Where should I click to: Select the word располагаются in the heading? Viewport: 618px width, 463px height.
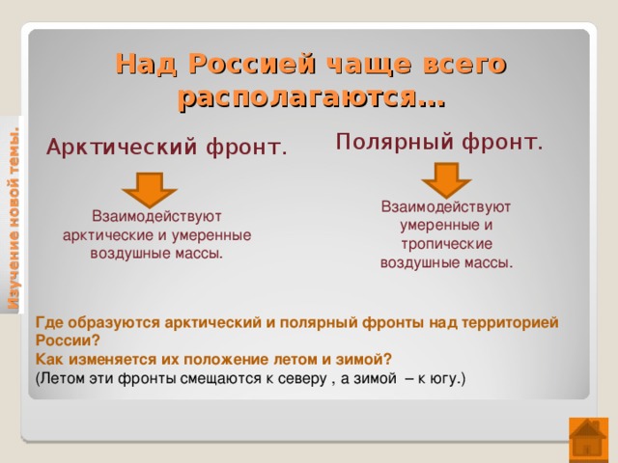(296, 96)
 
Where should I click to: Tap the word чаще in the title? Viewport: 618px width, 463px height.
(370, 65)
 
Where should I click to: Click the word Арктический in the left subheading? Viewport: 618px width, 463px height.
(122, 148)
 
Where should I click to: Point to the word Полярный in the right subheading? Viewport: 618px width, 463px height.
(395, 142)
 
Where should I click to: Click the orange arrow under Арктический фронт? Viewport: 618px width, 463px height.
(150, 189)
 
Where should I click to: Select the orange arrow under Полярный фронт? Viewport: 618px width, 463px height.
(446, 179)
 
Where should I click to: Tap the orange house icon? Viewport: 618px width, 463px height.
(588, 440)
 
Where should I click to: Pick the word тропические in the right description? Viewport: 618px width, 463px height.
(446, 244)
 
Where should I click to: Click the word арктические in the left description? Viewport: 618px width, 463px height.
(108, 235)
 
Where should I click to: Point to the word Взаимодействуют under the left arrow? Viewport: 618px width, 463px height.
(156, 216)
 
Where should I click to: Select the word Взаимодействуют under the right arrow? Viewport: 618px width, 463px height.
(446, 207)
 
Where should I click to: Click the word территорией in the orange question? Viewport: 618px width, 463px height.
(510, 323)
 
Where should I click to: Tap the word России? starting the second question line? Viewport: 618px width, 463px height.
(69, 340)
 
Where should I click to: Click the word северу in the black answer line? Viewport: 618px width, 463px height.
(302, 379)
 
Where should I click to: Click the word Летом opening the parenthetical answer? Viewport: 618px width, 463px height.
(62, 378)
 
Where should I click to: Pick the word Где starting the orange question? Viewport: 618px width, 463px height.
(49, 322)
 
